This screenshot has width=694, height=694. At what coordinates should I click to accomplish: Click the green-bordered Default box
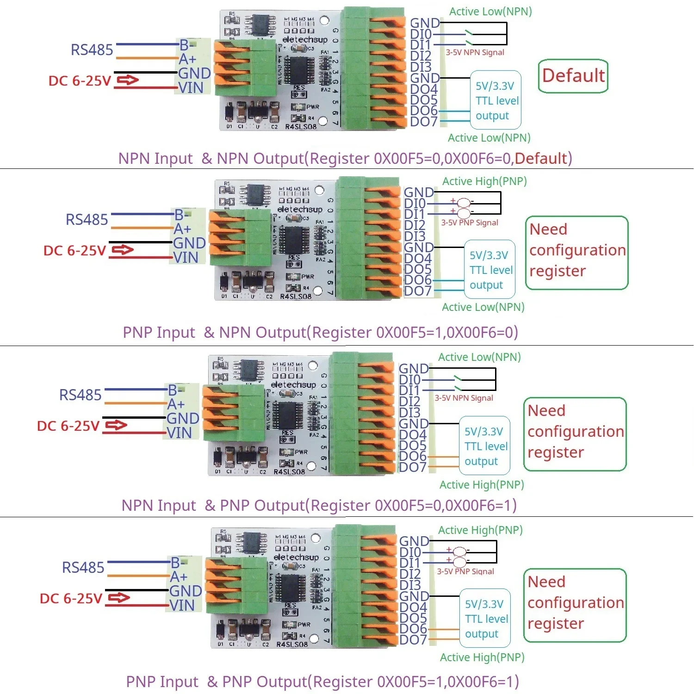pyautogui.click(x=573, y=76)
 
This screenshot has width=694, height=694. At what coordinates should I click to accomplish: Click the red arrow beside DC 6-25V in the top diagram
pyautogui.click(x=127, y=81)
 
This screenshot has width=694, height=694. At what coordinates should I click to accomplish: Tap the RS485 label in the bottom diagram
pyautogui.click(x=83, y=568)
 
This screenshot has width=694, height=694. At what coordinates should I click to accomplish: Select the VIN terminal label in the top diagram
pyautogui.click(x=191, y=88)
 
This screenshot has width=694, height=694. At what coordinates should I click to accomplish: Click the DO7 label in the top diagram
pyautogui.click(x=424, y=122)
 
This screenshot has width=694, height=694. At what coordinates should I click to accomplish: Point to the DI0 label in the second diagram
pyautogui.click(x=415, y=204)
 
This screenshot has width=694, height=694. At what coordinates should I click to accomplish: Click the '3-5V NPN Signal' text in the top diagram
pyautogui.click(x=475, y=53)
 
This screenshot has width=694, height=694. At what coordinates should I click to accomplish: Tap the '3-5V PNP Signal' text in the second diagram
pyautogui.click(x=469, y=223)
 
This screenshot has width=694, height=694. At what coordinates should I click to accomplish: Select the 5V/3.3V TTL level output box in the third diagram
pyautogui.click(x=484, y=446)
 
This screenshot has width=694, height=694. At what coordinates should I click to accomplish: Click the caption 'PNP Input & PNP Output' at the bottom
pyautogui.click(x=322, y=682)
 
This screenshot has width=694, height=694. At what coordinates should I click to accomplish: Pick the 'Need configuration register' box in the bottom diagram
pyautogui.click(x=575, y=605)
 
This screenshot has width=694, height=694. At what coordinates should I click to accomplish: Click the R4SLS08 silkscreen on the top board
pyautogui.click(x=301, y=127)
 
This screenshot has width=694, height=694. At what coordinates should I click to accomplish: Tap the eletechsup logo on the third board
pyautogui.click(x=293, y=385)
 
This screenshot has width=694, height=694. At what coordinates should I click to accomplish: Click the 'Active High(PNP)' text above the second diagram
pyautogui.click(x=484, y=181)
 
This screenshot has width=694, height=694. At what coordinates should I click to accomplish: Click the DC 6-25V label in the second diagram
pyautogui.click(x=74, y=251)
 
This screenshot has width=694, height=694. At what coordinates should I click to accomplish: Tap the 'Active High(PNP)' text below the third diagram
pyautogui.click(x=482, y=485)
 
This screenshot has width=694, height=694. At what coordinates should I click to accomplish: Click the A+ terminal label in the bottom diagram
pyautogui.click(x=179, y=577)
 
